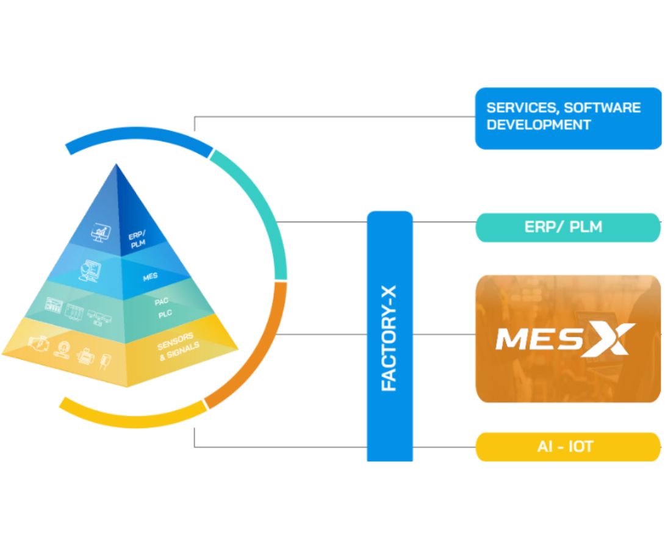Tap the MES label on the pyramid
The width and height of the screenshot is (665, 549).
click(x=150, y=276)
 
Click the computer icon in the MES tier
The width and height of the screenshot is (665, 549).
click(x=89, y=271)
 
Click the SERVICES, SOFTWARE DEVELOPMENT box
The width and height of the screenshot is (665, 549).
click(x=567, y=118)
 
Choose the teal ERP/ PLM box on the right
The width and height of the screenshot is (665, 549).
click(x=567, y=227)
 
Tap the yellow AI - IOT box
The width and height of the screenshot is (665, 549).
click(x=567, y=447)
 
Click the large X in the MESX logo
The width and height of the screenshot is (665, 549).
click(x=608, y=339)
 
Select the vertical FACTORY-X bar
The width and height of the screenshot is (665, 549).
click(x=389, y=335)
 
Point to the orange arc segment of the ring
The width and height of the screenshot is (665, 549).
click(x=262, y=354)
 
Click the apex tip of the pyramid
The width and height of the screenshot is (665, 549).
click(x=117, y=165)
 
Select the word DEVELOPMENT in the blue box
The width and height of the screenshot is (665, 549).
click(x=539, y=124)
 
